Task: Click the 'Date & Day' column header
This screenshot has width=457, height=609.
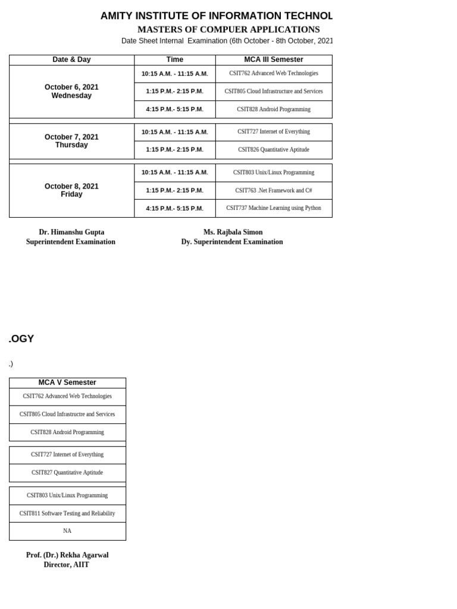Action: click(x=71, y=59)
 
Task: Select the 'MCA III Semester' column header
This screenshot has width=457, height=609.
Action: click(x=274, y=59)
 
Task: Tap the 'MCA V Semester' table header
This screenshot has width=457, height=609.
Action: click(x=67, y=382)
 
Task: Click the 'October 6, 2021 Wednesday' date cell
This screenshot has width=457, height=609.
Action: click(x=71, y=91)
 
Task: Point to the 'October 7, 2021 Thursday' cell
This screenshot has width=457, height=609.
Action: click(x=71, y=141)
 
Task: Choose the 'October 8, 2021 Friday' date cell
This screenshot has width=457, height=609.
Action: click(x=71, y=190)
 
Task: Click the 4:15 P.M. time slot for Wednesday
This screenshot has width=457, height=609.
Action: click(x=174, y=109)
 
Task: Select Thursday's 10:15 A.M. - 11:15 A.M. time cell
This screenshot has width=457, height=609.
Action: click(x=174, y=132)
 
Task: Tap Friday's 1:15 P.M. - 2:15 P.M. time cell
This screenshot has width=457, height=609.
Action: click(x=174, y=190)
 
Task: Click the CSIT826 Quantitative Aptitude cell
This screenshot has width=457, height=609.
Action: click(x=274, y=150)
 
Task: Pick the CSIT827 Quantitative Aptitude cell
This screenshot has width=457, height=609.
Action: click(x=67, y=473)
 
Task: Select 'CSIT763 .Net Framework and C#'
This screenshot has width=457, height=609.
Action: click(x=274, y=190)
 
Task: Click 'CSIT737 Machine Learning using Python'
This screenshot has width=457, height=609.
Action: click(x=274, y=208)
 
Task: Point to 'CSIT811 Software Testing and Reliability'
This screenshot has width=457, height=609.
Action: click(x=67, y=513)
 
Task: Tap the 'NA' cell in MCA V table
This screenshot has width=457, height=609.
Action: click(x=67, y=531)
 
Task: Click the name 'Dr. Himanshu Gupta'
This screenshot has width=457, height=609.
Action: click(x=71, y=232)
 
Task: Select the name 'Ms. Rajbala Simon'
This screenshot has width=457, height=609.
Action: click(x=233, y=232)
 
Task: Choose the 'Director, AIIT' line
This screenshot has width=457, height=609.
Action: click(x=67, y=564)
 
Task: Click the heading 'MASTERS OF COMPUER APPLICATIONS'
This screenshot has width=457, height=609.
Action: click(x=228, y=30)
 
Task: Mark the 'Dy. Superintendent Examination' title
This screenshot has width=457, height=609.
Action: click(x=232, y=242)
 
